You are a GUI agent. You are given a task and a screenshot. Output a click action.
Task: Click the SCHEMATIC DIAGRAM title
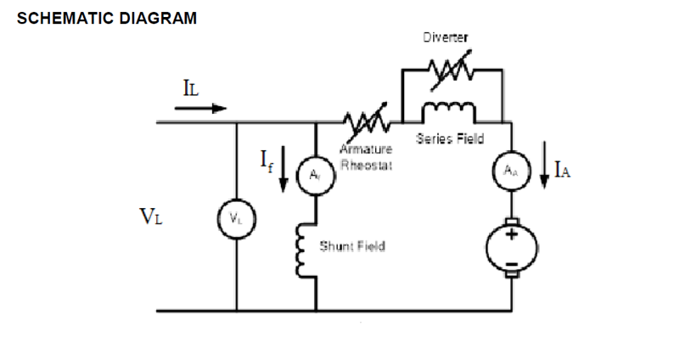pos(107,18)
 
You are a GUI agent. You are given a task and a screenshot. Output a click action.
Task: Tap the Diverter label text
pos(445,38)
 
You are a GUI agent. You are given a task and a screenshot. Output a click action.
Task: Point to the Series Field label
pos(450,139)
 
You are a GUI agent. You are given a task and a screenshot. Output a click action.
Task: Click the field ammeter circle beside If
pos(315,177)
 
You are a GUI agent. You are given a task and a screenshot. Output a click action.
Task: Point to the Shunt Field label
pos(351,246)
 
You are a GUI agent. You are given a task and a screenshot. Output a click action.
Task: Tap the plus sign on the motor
pos(512,235)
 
